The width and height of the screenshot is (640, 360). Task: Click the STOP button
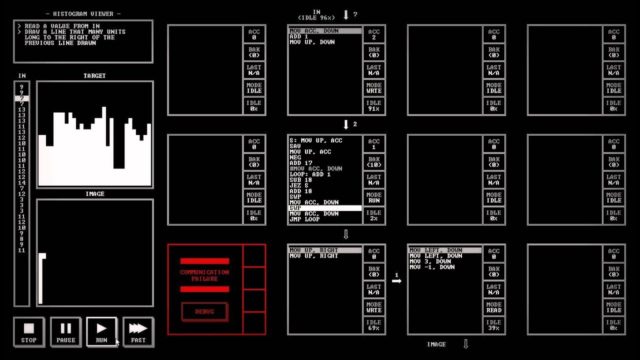[28, 332]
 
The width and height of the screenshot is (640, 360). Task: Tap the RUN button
[101, 332]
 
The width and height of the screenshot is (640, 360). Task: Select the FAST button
[138, 332]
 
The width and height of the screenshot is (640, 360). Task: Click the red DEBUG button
[204, 311]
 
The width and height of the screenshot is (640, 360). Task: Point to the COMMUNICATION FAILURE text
[204, 275]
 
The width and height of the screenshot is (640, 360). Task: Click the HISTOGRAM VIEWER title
[83, 14]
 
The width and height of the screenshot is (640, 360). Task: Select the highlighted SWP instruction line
[325, 208]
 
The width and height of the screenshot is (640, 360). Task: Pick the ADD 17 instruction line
[301, 163]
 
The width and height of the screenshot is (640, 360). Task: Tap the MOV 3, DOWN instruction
[430, 261]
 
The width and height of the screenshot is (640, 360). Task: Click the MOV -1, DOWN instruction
[432, 267]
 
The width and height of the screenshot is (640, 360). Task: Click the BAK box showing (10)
[374, 162]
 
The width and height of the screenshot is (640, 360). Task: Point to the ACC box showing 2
[374, 34]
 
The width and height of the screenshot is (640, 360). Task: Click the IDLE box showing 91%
[374, 106]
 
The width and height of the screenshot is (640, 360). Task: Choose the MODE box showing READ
[494, 307]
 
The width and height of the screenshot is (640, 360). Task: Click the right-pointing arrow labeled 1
[396, 281]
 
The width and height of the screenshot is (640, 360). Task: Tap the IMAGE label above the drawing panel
[94, 194]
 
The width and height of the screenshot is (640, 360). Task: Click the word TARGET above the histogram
[94, 76]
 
